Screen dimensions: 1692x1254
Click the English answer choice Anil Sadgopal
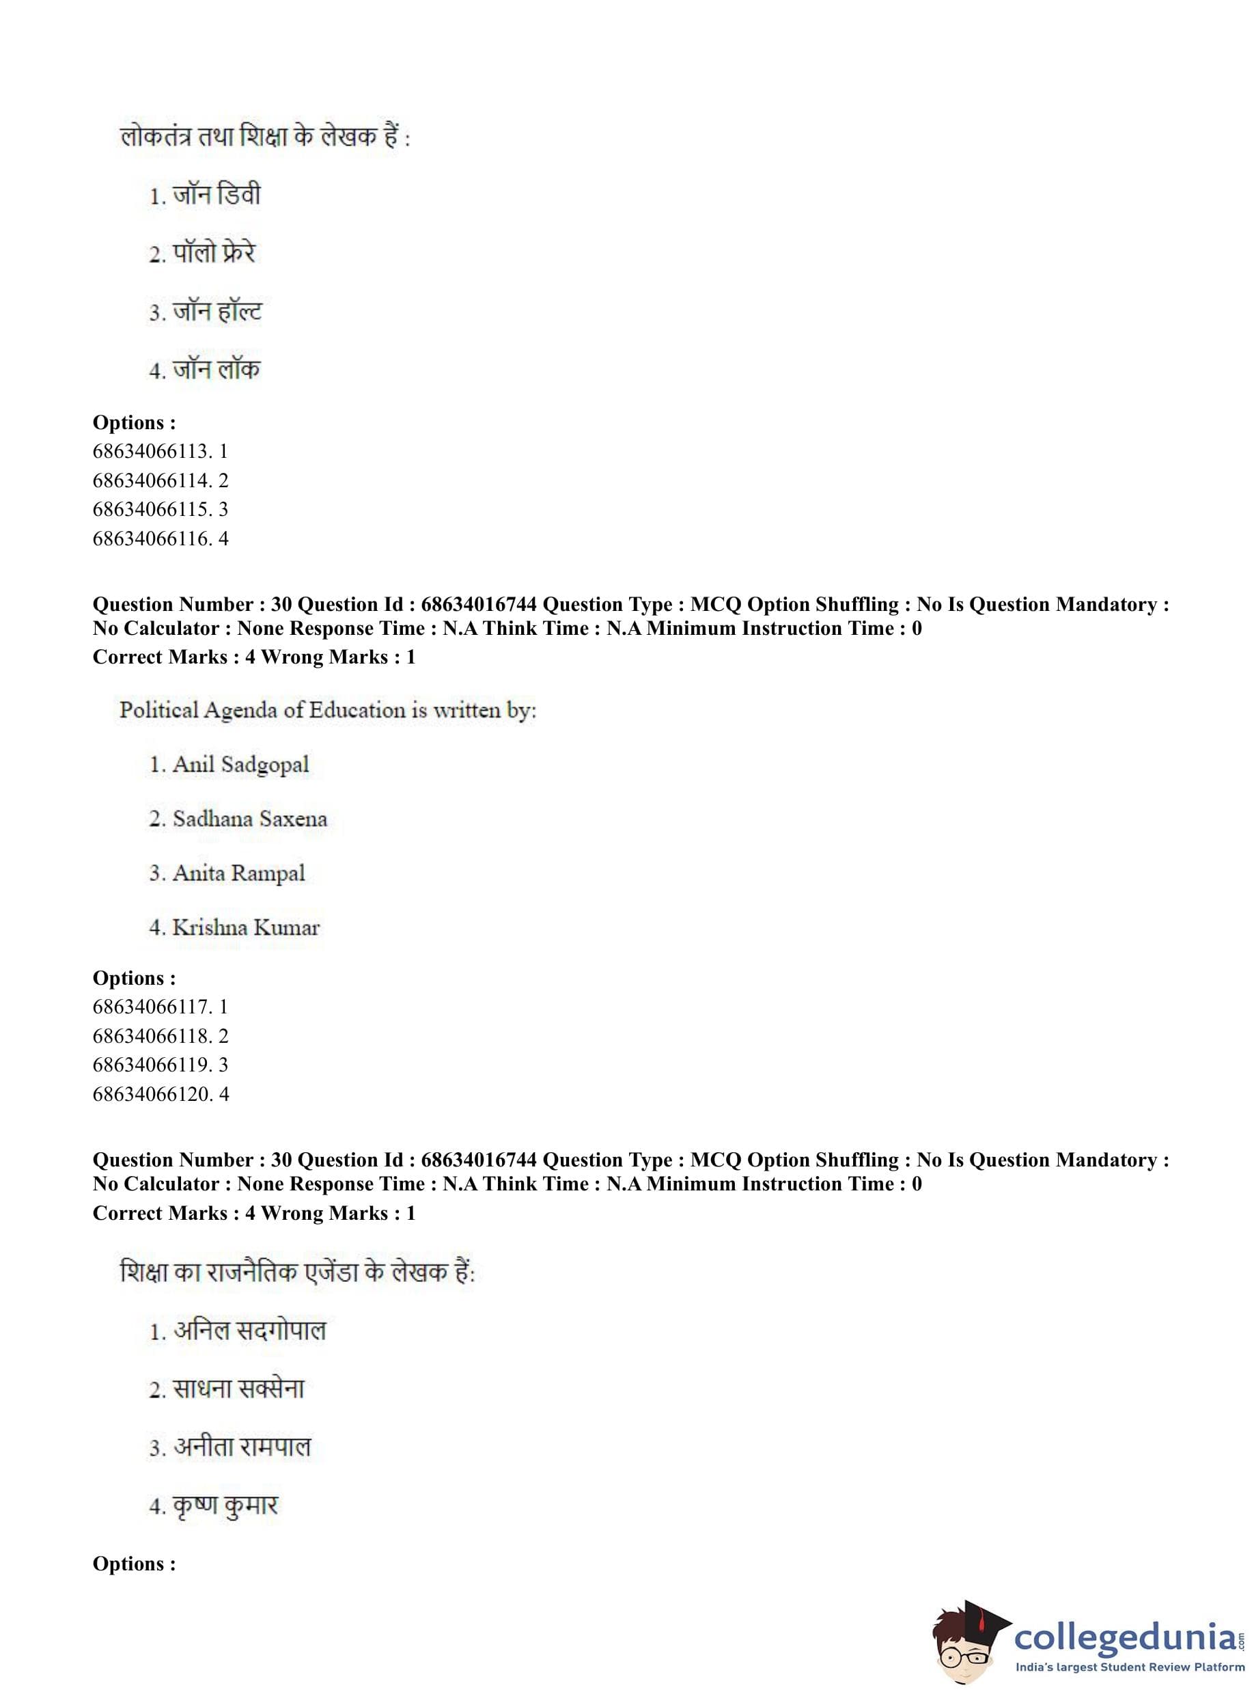pyautogui.click(x=229, y=765)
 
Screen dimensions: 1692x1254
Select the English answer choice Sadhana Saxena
pyautogui.click(x=238, y=819)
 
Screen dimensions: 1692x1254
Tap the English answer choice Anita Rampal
pyautogui.click(x=227, y=873)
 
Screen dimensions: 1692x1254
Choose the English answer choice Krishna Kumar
pyautogui.click(x=234, y=928)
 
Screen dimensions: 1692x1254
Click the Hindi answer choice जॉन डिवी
pyautogui.click(x=205, y=196)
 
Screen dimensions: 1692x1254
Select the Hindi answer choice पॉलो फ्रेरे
pyautogui.click(x=203, y=254)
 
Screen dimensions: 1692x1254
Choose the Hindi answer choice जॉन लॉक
pyautogui.click(x=205, y=370)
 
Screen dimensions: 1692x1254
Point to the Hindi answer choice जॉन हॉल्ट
pyautogui.click(x=206, y=312)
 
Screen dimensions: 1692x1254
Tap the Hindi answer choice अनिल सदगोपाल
pyautogui.click(x=238, y=1331)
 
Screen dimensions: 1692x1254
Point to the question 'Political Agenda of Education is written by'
pyautogui.click(x=328, y=711)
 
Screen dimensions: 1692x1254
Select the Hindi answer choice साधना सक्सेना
pyautogui.click(x=227, y=1390)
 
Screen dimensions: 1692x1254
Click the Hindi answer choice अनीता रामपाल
pyautogui.click(x=231, y=1447)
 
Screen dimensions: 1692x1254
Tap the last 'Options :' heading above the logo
pyautogui.click(x=135, y=1564)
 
